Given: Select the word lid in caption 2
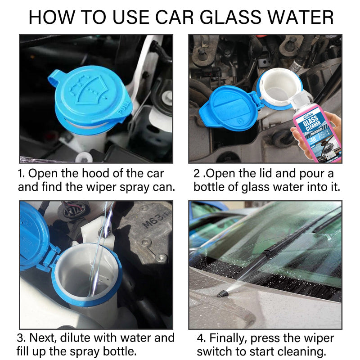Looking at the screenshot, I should [x=267, y=174].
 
